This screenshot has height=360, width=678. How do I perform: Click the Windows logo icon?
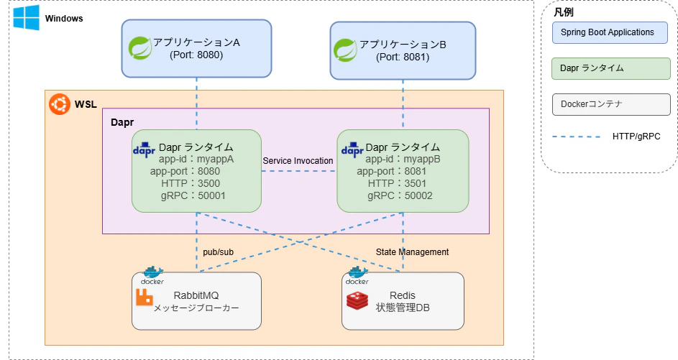(x=26, y=18)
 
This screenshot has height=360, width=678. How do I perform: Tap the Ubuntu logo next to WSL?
(x=59, y=105)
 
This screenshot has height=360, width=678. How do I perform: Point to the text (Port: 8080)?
(x=196, y=55)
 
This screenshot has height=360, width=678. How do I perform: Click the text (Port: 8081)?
(x=403, y=57)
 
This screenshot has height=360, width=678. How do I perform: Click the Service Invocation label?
(x=298, y=161)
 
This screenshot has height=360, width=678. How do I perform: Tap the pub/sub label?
(x=217, y=252)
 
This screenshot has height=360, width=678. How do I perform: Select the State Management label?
(x=412, y=252)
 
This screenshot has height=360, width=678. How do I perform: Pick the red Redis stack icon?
(x=357, y=300)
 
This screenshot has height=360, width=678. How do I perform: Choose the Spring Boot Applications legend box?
(x=610, y=32)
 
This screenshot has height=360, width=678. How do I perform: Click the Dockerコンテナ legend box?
(x=610, y=104)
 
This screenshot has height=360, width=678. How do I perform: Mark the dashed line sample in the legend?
(x=576, y=137)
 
